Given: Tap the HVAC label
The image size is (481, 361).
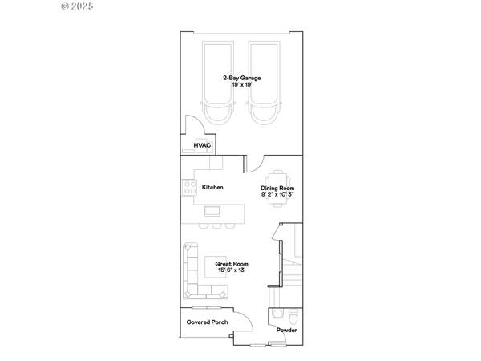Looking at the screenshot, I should tap(201, 145).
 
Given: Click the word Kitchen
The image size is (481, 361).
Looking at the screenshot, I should tap(212, 187).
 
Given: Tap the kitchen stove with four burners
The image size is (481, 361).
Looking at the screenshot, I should tap(191, 187).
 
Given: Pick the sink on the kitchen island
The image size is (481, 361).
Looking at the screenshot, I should tap(212, 211).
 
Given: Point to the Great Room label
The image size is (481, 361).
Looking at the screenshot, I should tap(232, 264).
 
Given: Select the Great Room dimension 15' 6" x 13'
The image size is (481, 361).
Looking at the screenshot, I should tap(232, 270).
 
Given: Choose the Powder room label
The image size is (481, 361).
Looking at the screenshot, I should tap(286, 330).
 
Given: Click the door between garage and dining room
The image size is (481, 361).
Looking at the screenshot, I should tap(252, 164).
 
